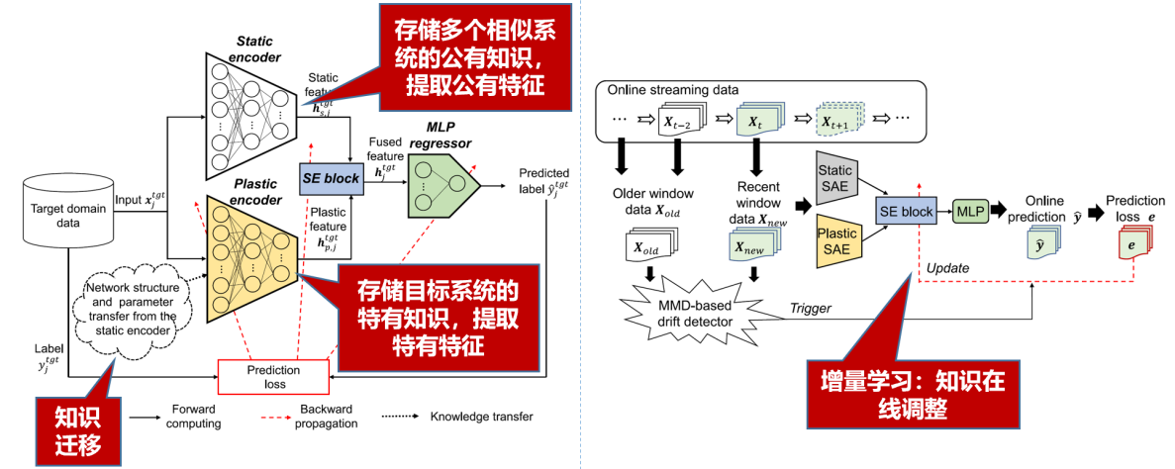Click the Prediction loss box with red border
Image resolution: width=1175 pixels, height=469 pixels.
click(273, 377)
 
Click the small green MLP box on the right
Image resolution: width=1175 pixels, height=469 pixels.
click(969, 211)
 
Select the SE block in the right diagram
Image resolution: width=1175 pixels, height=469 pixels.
click(905, 211)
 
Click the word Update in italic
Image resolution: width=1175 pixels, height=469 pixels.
click(947, 267)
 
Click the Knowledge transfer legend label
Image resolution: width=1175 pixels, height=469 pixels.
click(481, 416)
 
